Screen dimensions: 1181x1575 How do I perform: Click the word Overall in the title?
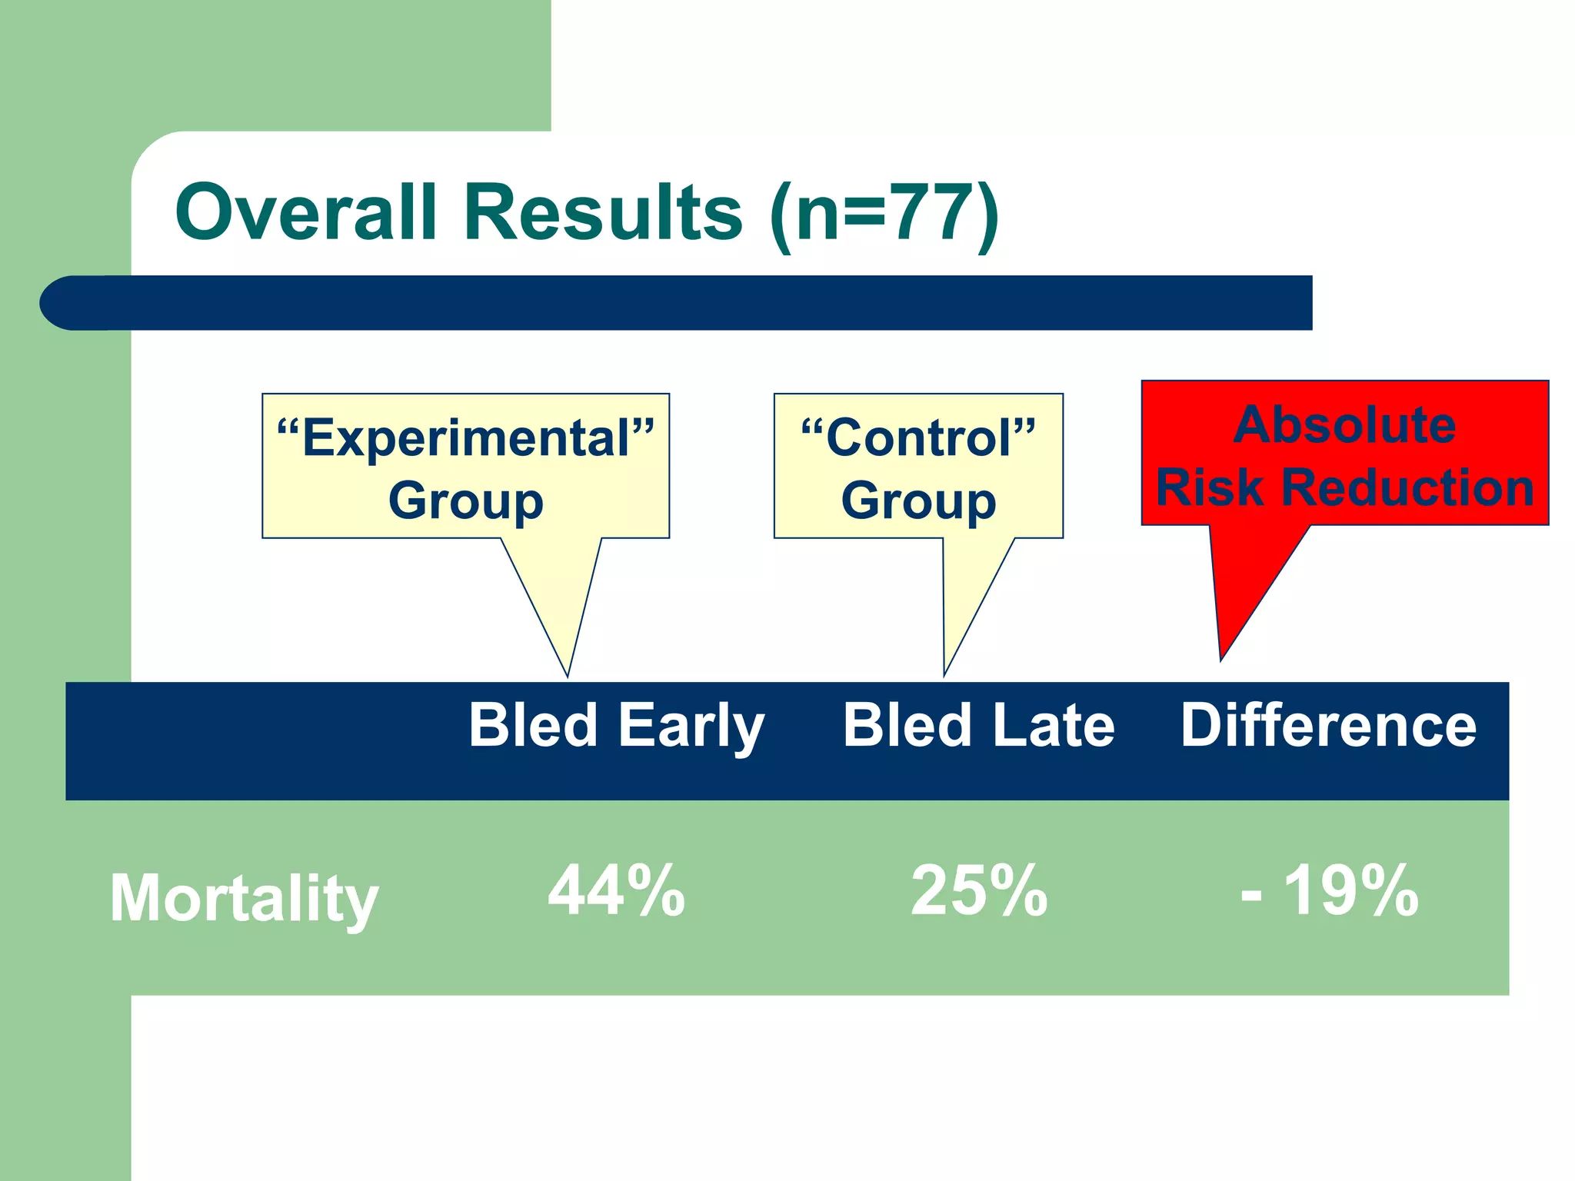click(306, 213)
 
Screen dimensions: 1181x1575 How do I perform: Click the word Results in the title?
click(604, 213)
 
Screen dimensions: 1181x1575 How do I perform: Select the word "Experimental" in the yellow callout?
click(466, 439)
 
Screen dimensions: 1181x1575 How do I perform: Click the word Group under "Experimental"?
click(466, 501)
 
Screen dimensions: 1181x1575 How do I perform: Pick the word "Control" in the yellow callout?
click(918, 439)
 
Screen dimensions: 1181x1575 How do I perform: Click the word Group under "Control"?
click(918, 501)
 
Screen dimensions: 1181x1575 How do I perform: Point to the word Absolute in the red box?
click(1344, 425)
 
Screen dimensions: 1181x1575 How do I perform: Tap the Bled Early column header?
click(616, 726)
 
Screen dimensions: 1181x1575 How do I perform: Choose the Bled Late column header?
click(978, 726)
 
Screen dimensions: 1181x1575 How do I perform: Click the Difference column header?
click(1328, 726)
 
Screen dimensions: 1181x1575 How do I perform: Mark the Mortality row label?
click(244, 898)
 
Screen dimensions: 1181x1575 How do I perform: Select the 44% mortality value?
click(616, 892)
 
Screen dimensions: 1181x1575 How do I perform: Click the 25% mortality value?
click(978, 892)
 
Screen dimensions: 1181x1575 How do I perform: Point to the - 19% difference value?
click(1329, 892)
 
